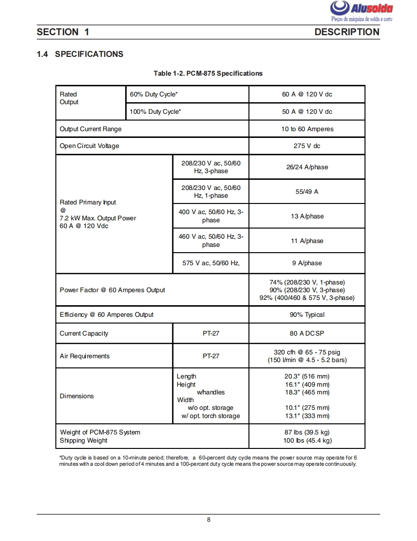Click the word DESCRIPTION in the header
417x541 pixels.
click(347, 32)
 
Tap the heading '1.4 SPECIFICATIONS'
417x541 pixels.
click(80, 54)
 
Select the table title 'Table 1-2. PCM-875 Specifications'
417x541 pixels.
click(208, 73)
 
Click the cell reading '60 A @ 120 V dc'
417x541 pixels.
click(307, 95)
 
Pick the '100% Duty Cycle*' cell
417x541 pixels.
click(156, 112)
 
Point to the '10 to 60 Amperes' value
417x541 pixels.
click(307, 129)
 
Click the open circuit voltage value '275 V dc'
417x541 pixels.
click(307, 146)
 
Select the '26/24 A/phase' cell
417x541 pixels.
click(307, 167)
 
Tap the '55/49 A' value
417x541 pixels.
click(307, 192)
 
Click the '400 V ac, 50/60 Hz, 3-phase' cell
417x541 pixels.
click(211, 216)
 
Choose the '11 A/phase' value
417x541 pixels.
click(307, 241)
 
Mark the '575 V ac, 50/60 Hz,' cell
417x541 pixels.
click(210, 263)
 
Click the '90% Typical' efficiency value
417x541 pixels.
click(307, 315)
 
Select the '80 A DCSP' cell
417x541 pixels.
click(307, 334)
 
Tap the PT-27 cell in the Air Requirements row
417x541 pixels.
click(211, 356)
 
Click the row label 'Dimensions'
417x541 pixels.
click(77, 396)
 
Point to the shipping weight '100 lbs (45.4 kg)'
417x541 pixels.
click(307, 441)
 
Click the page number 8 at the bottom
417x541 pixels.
click(208, 520)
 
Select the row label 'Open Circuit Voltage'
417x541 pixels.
click(89, 146)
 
